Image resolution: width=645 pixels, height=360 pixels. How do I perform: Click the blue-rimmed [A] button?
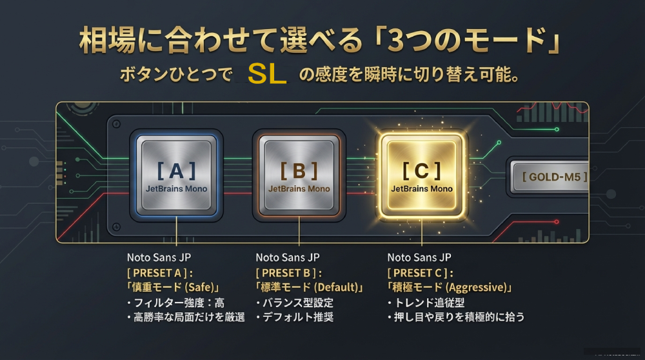pos(176,175)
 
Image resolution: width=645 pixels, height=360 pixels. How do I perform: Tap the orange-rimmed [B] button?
pos(299,175)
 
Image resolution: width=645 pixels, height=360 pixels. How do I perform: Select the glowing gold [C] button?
pos(422,175)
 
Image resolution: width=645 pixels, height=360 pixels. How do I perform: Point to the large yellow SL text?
pos(267,74)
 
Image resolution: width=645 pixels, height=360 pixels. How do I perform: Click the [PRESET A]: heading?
pos(159,273)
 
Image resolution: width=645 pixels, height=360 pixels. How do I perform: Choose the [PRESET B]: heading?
pos(288,273)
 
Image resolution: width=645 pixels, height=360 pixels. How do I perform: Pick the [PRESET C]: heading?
pos(420,273)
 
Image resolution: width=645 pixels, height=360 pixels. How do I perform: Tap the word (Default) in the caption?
pos(336,287)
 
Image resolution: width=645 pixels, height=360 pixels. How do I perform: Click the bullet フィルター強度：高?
pos(175,303)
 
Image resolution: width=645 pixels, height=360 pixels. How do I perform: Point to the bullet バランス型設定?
pos(295,303)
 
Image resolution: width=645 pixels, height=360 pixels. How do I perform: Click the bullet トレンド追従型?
pos(426,303)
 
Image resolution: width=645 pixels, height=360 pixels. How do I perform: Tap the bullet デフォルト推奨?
pos(295,317)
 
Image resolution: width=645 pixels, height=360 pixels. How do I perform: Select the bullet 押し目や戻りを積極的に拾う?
pos(456,317)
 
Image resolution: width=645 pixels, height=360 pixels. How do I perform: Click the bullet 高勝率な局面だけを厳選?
pos(186,317)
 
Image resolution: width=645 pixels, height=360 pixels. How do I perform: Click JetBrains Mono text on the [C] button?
pos(422,189)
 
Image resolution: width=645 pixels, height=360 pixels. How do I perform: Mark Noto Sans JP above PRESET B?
pos(288,257)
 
